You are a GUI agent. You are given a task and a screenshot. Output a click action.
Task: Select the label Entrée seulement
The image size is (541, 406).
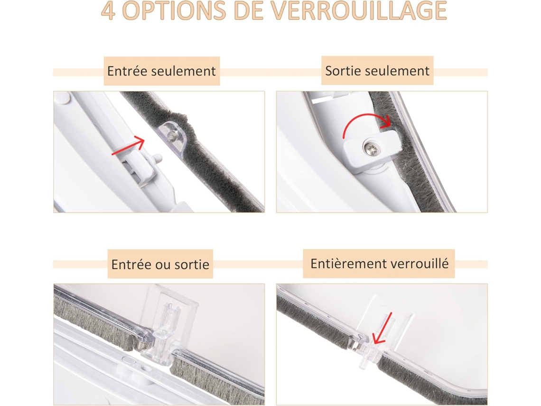(161, 71)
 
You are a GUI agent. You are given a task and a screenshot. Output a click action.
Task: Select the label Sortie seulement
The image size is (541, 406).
(377, 71)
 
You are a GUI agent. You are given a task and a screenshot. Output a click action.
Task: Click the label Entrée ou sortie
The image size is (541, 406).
(160, 264)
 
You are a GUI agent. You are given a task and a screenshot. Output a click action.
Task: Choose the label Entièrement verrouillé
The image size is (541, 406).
(379, 264)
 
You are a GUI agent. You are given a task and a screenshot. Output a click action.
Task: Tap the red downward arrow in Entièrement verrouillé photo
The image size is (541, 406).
(383, 329)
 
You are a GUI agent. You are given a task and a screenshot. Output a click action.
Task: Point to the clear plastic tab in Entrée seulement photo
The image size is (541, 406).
(173, 137)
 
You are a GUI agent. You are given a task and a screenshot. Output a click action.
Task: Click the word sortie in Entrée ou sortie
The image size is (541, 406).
(192, 265)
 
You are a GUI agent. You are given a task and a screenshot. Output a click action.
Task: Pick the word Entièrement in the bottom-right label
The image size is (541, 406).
(348, 264)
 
